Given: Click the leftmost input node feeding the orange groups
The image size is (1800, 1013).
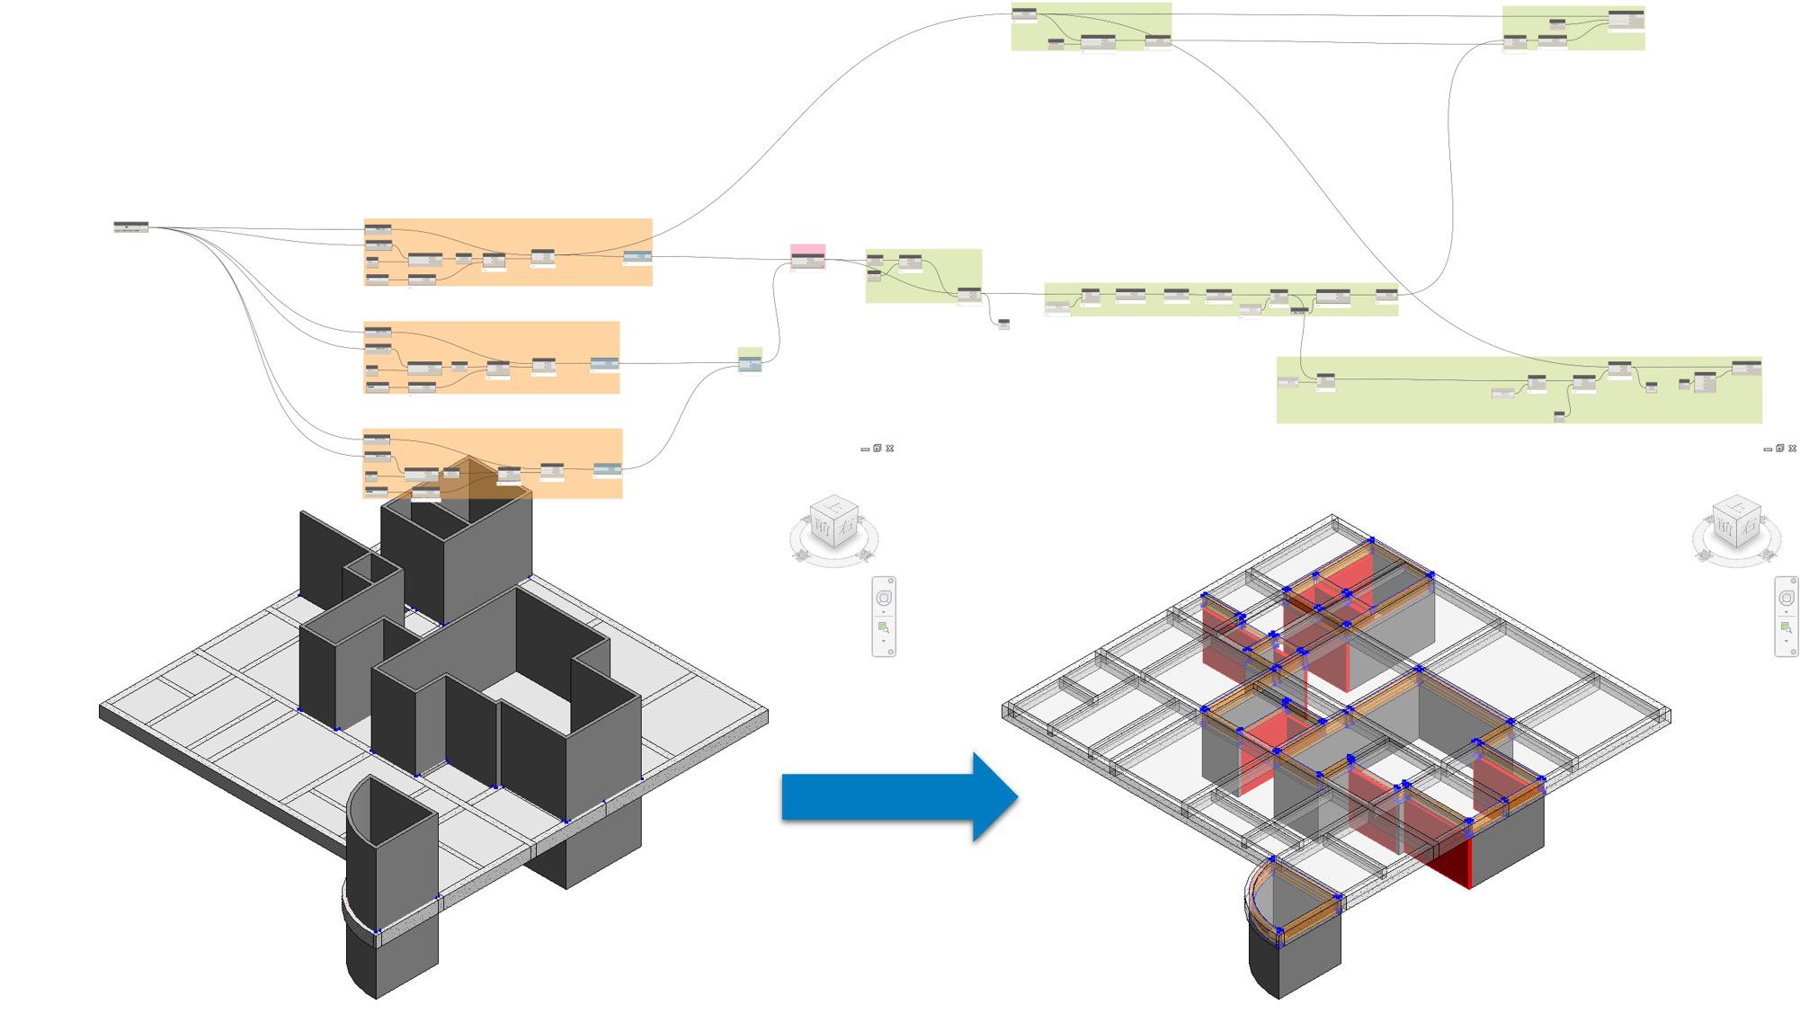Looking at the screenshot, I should point(131,227).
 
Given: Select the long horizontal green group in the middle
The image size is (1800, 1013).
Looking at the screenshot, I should point(1220,300).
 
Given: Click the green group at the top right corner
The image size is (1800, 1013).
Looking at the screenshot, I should point(1573,28).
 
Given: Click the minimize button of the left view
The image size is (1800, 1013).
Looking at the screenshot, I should point(865,449).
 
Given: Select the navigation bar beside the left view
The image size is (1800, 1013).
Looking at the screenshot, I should point(884,617).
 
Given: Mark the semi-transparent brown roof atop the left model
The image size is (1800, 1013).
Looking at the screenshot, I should point(468,480).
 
